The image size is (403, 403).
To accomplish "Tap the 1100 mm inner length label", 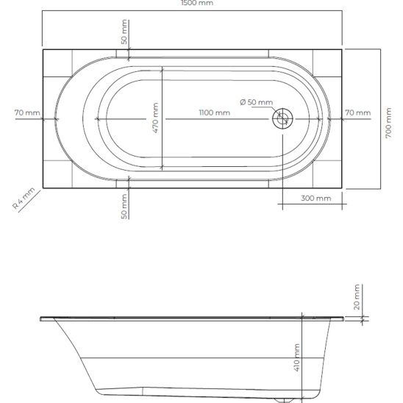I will coord(214,113).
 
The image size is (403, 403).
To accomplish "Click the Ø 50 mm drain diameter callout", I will coord(257,102).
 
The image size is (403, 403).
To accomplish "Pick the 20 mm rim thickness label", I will coord(355,297).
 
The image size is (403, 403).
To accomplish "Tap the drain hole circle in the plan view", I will coord(282,118).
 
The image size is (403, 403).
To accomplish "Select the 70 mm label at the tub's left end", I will coord(27,113).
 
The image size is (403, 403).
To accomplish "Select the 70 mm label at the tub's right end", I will coord(357,113).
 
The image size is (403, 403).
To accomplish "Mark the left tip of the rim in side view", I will coord(39,319).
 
